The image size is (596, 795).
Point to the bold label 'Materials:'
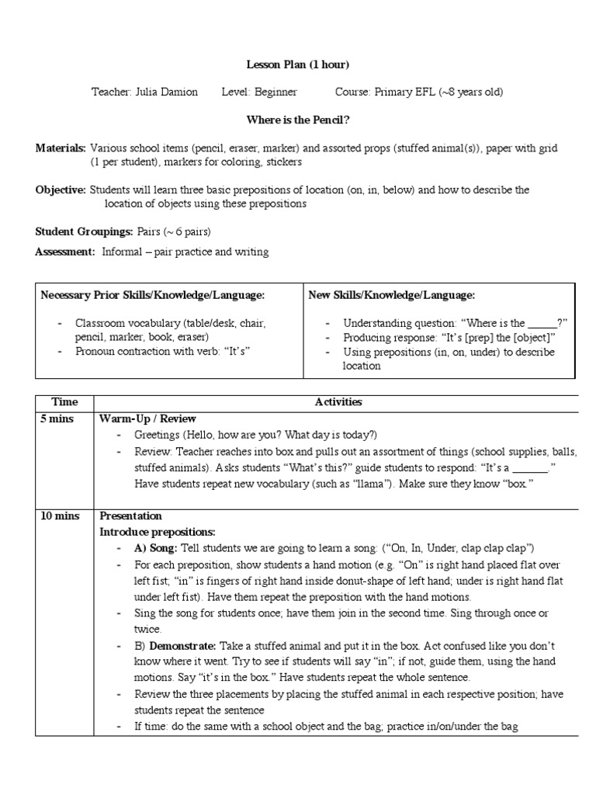61,148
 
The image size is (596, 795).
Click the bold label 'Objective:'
61,189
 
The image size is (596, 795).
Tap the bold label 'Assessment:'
65,252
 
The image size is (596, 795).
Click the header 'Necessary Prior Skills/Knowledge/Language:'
152,295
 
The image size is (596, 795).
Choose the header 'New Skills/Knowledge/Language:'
392,295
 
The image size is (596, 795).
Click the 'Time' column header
64,402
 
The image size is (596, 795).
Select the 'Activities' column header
338,402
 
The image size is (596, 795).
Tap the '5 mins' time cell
56,418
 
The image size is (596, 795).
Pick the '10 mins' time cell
59,516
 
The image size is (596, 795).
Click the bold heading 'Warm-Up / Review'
147,418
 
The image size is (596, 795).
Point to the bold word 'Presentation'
130,516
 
